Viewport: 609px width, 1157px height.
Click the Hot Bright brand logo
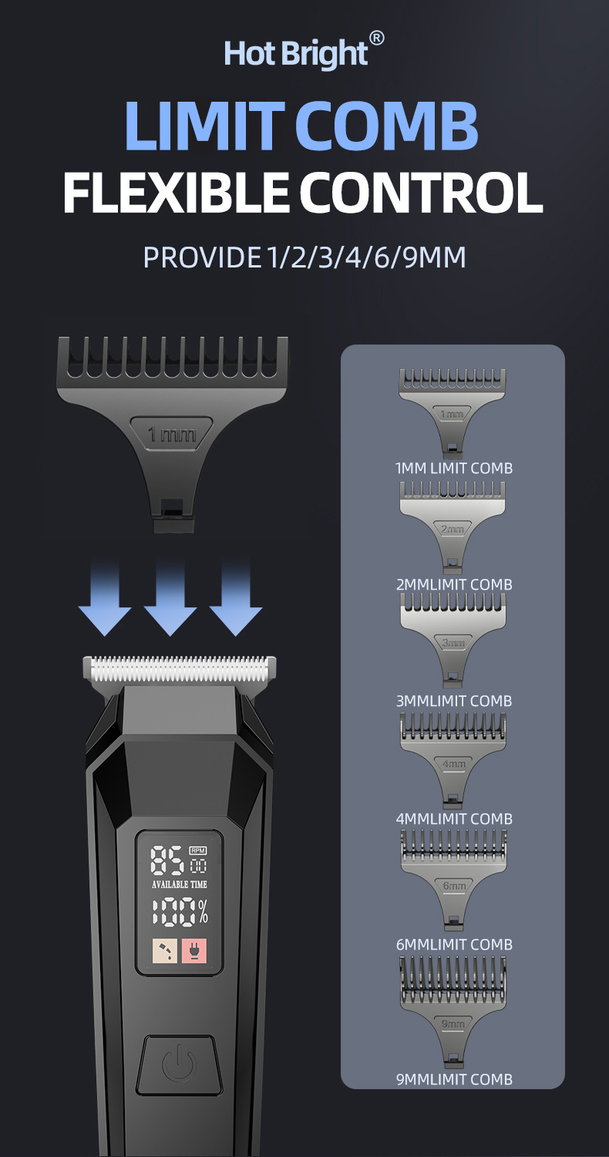(297, 54)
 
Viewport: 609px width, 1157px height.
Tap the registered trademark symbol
(376, 38)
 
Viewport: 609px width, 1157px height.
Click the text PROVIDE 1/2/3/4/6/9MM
(304, 257)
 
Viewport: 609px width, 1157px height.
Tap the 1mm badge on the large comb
(171, 434)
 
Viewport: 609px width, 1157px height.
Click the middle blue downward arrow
(170, 597)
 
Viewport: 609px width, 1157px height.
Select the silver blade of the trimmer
(179, 669)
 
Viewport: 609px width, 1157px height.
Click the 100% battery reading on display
(180, 912)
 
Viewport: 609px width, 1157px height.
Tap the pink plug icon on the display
(193, 952)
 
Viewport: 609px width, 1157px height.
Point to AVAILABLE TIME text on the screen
(180, 884)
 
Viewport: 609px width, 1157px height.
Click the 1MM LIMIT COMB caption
(453, 468)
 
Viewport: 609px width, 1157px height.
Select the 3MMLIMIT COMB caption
(453, 701)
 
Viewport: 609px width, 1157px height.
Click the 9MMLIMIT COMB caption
(453, 1079)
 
